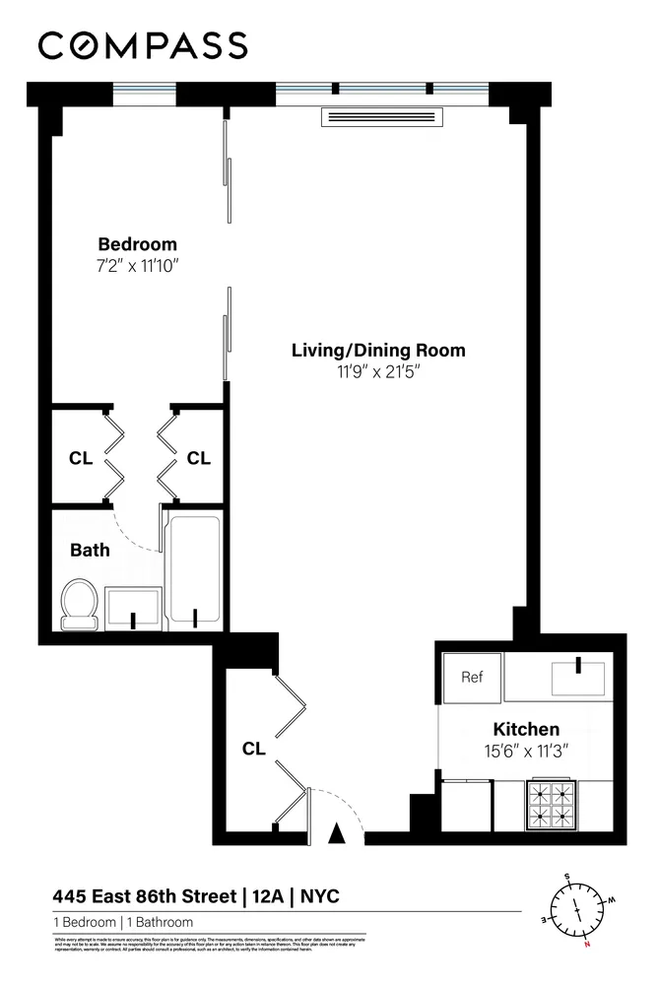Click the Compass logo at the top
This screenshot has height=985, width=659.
coord(143,45)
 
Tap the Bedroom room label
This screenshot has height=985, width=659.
coord(137,244)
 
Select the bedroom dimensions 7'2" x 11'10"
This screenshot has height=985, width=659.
coord(137,265)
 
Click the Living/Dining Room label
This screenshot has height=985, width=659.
coord(377,350)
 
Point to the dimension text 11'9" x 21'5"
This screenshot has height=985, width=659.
coord(377,371)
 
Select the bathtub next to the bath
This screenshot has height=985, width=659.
coord(193,568)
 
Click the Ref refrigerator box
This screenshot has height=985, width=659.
coord(472,678)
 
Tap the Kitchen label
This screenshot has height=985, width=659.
coord(526,730)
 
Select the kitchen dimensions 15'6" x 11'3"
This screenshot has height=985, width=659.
coord(526,751)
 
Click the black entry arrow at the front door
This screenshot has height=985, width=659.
coord(338,833)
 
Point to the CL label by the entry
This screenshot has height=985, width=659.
coord(254,749)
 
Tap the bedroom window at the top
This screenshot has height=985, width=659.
coord(145,95)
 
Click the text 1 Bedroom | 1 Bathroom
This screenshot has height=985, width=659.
coord(123,923)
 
